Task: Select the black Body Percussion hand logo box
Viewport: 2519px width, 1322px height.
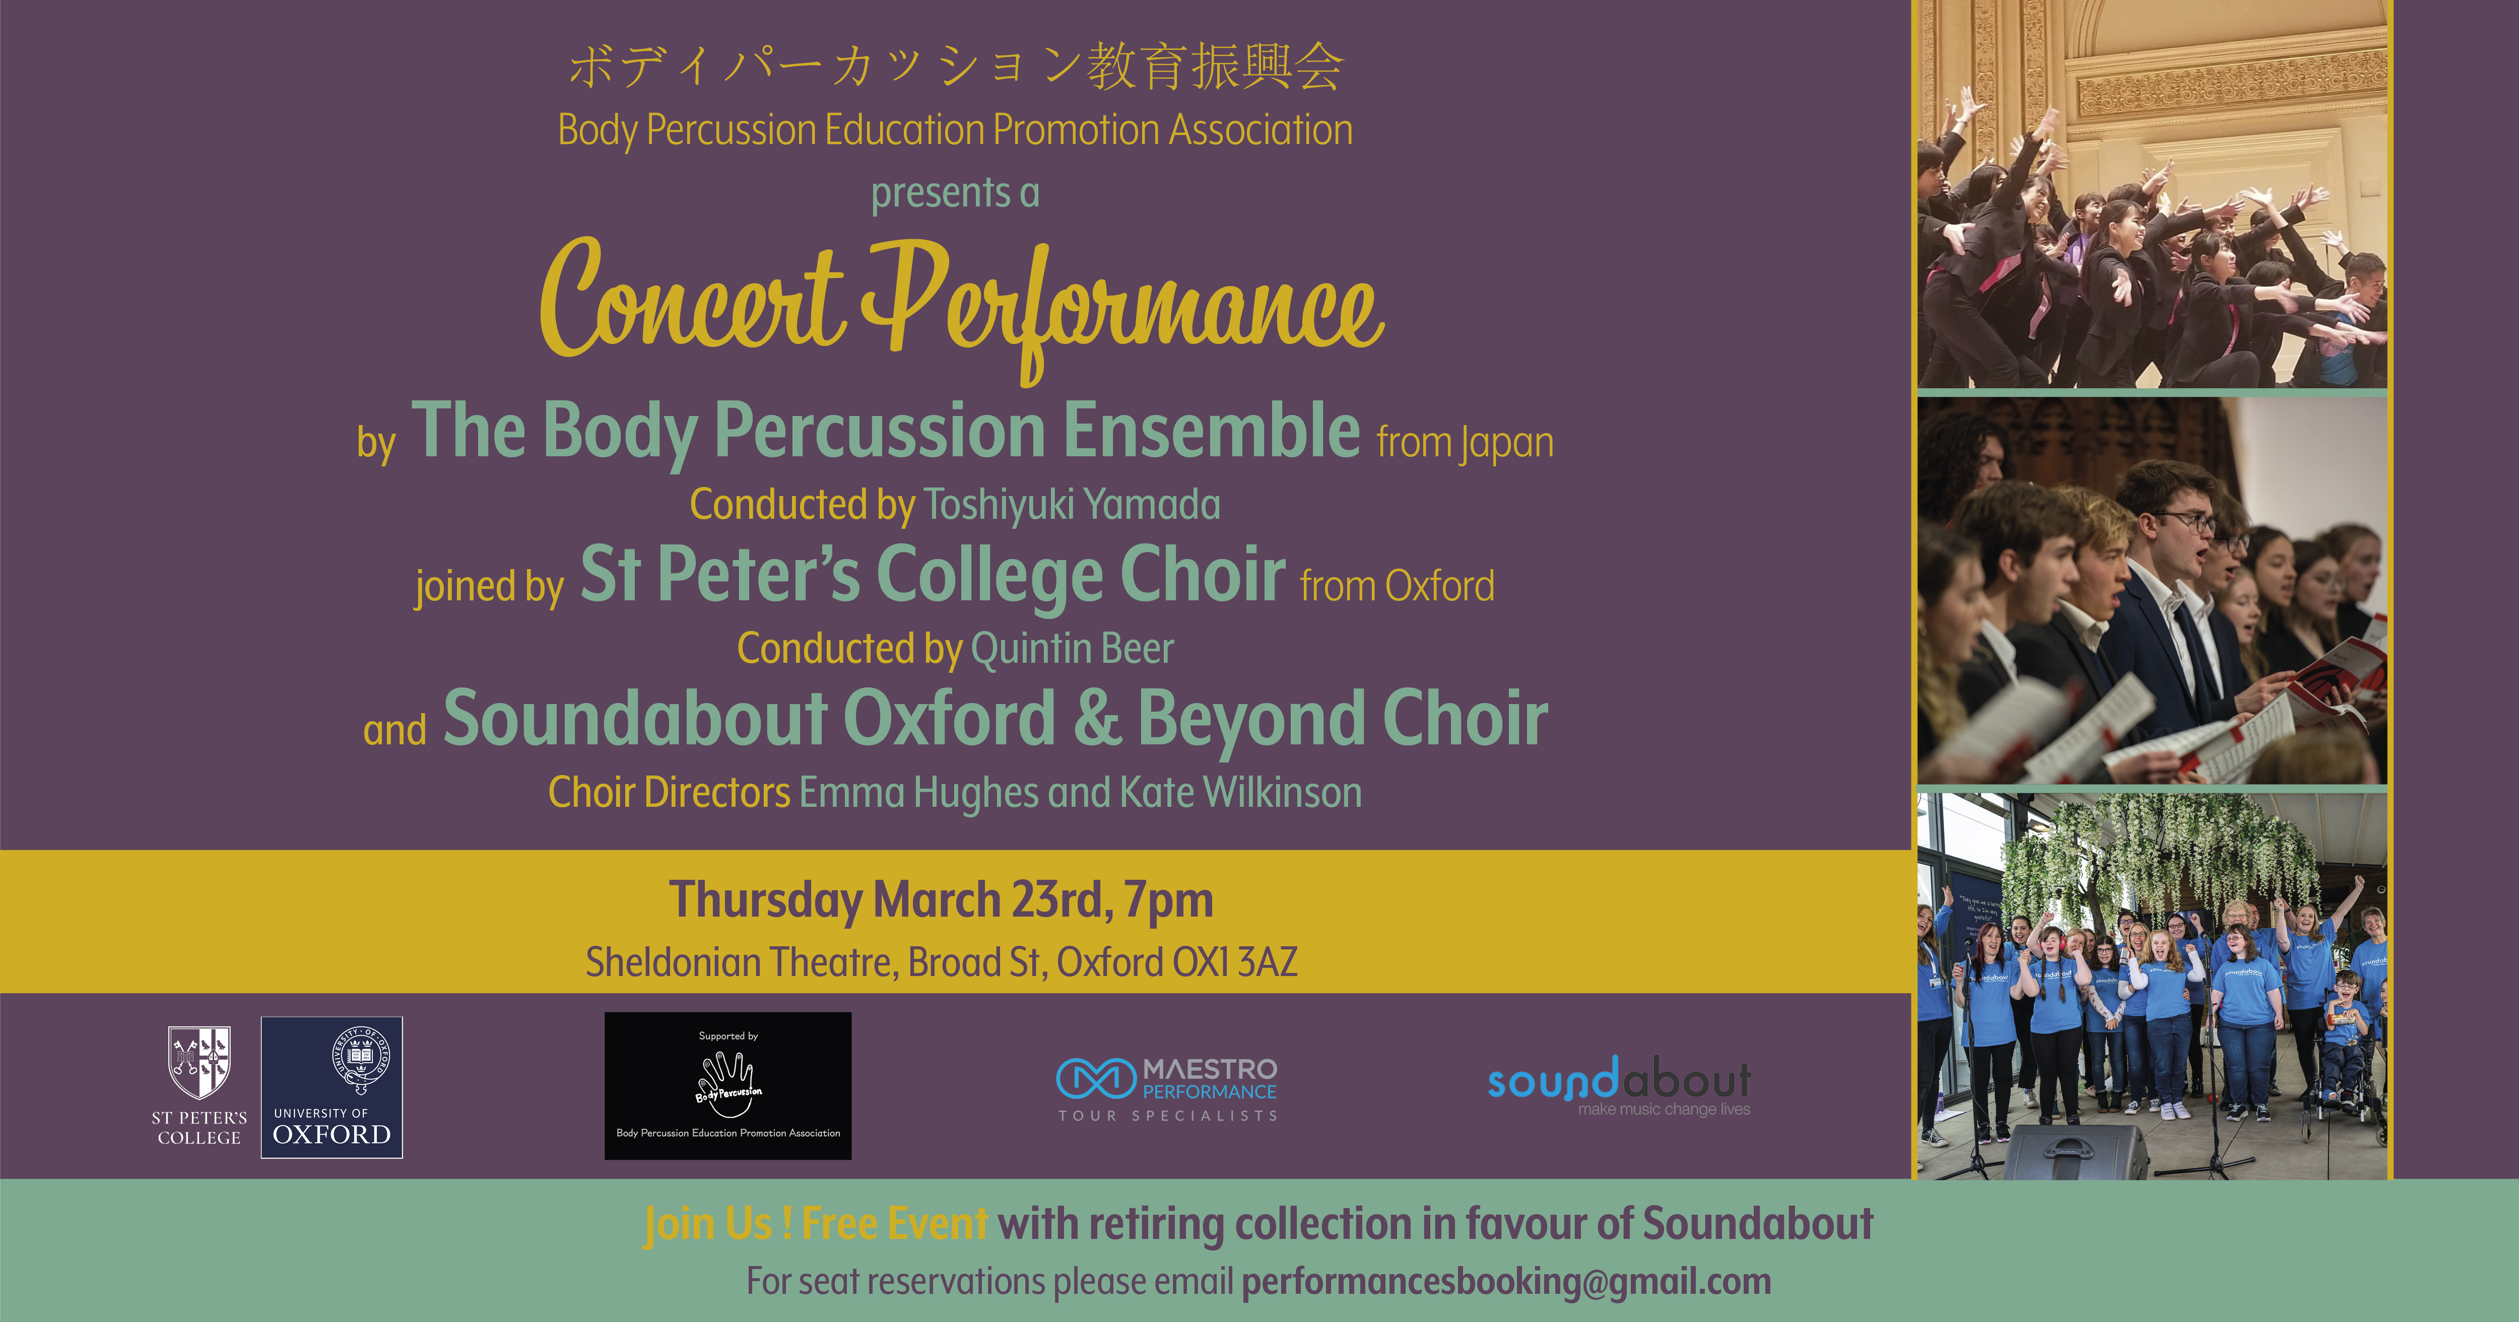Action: (x=727, y=1085)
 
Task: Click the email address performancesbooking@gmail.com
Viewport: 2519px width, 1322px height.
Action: (x=1506, y=1281)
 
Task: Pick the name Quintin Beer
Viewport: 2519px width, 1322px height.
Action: (x=1072, y=648)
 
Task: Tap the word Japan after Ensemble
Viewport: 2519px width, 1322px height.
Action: (x=1507, y=443)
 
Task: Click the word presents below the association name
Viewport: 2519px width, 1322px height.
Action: (x=927, y=192)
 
